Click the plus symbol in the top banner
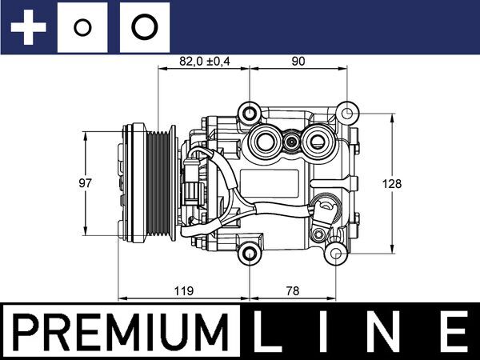(30, 28)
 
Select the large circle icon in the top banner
(144, 28)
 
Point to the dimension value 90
(298, 61)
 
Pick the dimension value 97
(86, 183)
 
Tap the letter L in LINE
(270, 331)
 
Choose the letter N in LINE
(390, 331)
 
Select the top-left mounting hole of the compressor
(251, 113)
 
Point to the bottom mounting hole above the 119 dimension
(251, 255)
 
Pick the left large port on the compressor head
(263, 144)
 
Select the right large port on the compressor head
(318, 144)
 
